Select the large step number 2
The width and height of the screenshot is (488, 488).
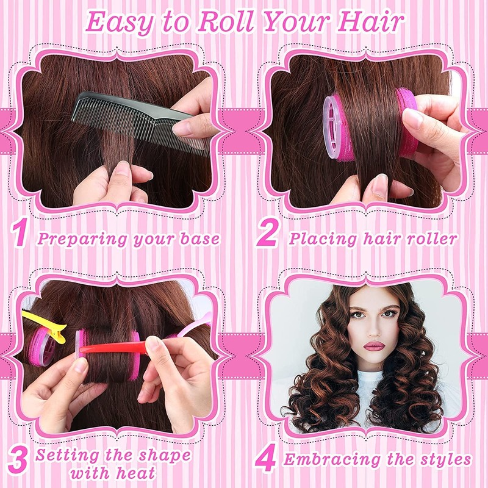point(267,235)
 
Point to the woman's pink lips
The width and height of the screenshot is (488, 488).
point(374,346)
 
